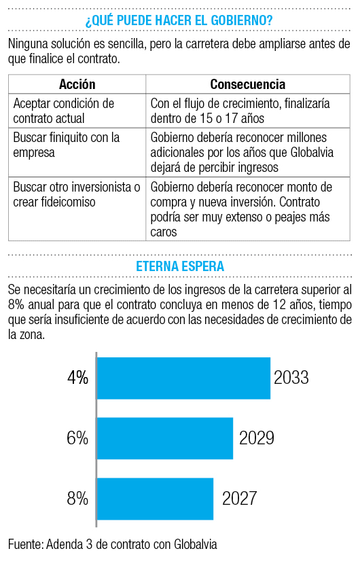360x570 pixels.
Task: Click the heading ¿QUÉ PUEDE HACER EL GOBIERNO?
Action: tap(179, 20)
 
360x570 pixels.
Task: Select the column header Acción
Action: tap(77, 84)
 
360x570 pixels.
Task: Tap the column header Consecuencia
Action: tap(248, 84)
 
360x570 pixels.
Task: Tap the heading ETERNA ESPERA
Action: tap(180, 266)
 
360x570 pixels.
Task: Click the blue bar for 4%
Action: tap(183, 378)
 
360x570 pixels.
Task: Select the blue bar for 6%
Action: tap(165, 438)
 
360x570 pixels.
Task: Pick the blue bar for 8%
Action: tap(155, 499)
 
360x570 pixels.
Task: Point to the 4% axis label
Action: tap(77, 378)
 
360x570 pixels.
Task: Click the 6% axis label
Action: tap(77, 438)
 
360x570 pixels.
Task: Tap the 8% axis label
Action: tap(77, 499)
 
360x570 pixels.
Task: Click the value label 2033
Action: tap(291, 378)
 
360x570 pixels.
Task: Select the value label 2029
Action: tap(257, 438)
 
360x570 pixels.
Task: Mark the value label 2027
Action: tap(239, 499)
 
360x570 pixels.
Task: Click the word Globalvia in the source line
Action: tap(196, 544)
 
